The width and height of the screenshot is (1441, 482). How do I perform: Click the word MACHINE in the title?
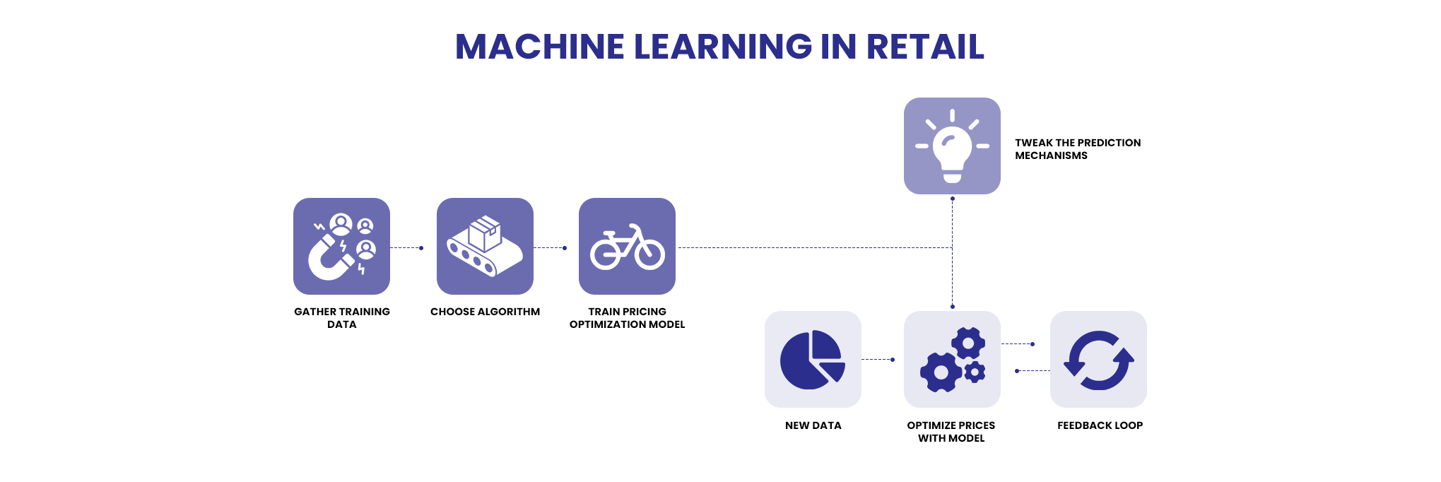pos(539,47)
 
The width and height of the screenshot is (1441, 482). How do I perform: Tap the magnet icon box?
pos(341,246)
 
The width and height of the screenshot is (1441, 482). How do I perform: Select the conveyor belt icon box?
pos(485,246)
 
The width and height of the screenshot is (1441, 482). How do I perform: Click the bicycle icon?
pos(628,248)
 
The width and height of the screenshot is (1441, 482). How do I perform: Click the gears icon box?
pos(952,359)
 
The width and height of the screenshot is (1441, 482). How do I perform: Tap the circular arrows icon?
pos(1098,360)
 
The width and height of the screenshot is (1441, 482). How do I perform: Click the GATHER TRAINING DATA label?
pos(342,318)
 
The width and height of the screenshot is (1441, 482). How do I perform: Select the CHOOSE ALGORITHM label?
pos(485,312)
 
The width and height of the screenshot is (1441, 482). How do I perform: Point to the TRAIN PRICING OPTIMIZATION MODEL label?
pos(627,318)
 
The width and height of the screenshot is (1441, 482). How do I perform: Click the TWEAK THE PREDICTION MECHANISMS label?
pos(1077,149)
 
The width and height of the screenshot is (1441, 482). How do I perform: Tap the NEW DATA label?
pos(813,425)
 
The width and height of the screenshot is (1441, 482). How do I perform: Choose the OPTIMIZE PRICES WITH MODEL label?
pos(951,432)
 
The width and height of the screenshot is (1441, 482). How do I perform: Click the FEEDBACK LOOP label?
pos(1100,425)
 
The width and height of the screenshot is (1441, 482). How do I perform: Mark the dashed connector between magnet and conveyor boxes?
pos(406,248)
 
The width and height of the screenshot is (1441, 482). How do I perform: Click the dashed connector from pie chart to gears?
pos(877,360)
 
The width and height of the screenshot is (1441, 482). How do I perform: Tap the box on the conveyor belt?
pos(485,233)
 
